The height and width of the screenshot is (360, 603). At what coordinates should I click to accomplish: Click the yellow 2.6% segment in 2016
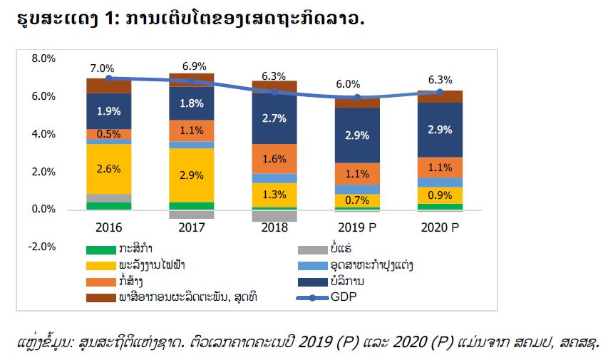(x=109, y=169)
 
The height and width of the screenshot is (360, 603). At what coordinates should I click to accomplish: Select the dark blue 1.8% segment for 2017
(x=192, y=103)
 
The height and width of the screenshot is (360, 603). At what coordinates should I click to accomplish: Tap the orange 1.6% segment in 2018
(x=274, y=159)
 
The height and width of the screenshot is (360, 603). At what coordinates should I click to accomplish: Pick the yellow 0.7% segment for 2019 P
(x=357, y=200)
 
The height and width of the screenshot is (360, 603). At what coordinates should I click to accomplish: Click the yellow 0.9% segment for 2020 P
(x=440, y=195)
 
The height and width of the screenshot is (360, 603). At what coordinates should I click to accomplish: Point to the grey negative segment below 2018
(x=274, y=216)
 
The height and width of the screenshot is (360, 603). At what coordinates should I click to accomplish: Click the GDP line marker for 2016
(x=109, y=78)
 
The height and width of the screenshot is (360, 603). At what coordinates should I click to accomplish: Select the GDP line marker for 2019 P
(x=357, y=98)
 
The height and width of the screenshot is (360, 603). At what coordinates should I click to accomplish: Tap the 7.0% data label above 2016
(x=102, y=68)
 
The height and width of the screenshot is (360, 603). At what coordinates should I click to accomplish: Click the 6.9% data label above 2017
(x=194, y=66)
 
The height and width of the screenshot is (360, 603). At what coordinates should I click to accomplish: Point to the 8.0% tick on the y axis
(x=43, y=58)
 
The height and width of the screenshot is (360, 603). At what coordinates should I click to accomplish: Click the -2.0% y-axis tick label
(x=42, y=247)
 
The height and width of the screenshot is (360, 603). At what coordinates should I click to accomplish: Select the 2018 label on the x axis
(x=274, y=227)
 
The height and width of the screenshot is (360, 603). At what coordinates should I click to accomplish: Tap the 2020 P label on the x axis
(x=440, y=227)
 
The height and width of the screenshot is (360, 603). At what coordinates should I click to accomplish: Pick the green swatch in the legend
(x=100, y=250)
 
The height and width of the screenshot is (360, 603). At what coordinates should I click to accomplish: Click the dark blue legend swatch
(x=313, y=282)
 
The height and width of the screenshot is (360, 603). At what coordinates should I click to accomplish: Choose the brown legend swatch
(x=100, y=298)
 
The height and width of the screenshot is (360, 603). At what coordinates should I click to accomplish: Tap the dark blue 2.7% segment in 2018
(x=274, y=118)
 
